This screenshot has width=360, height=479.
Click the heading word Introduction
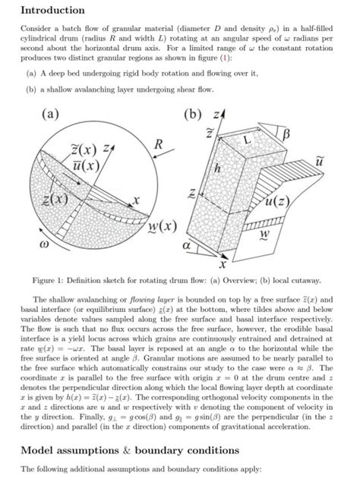point(52,11)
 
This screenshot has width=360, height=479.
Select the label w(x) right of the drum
point(160,227)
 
